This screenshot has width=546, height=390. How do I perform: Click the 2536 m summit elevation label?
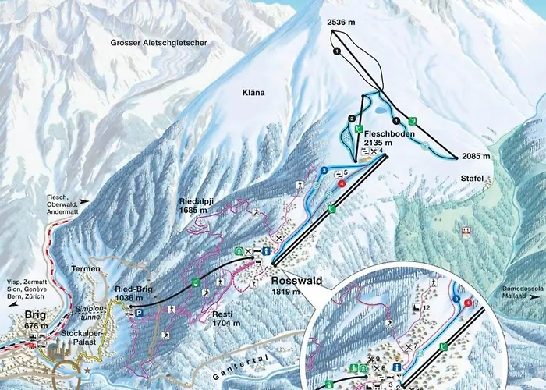(342, 24)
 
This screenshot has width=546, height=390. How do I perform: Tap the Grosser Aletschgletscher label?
(158, 44)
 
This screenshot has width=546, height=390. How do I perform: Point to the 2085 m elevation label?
(475, 156)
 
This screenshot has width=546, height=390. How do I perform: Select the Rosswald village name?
(296, 281)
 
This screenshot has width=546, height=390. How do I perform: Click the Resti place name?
(222, 317)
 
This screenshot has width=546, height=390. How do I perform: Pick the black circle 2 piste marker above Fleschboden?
(352, 119)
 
